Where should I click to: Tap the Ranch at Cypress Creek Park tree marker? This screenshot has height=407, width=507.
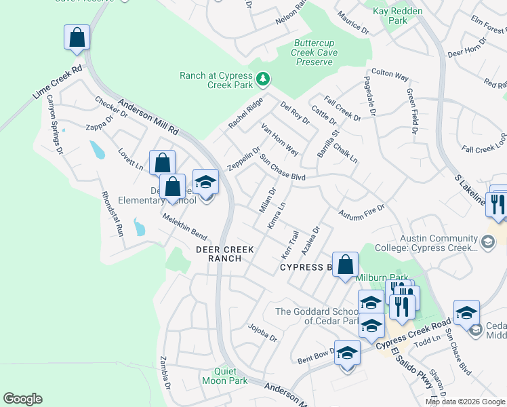pos(263,81)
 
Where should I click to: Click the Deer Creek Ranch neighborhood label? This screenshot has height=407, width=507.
pos(225,254)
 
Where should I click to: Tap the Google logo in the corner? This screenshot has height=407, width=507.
pos(22,399)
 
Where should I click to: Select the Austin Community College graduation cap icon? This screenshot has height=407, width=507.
pos(487,242)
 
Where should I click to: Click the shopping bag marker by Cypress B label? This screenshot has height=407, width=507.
pos(346,264)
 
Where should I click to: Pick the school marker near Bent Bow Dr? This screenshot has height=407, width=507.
pos(347,353)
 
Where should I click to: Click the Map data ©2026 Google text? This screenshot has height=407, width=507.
pos(465,402)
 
